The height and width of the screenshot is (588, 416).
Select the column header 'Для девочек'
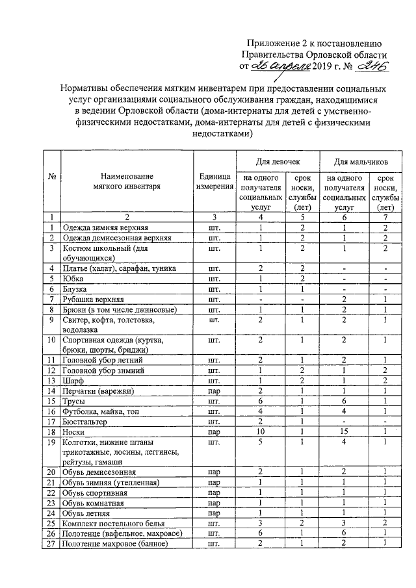[276, 160]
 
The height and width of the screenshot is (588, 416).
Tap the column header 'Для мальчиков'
[361, 160]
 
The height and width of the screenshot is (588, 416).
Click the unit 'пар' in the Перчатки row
[214, 391]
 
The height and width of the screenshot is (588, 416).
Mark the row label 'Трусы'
[73, 402]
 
